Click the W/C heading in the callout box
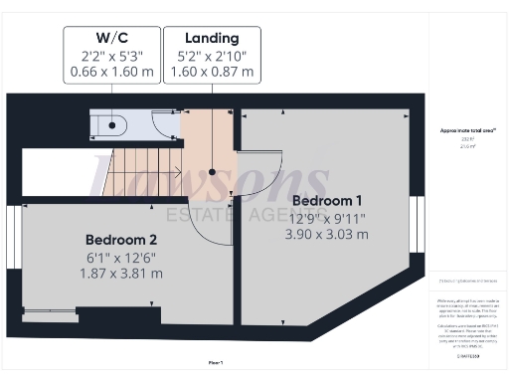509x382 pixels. [x=110, y=37]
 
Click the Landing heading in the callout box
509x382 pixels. [x=212, y=37]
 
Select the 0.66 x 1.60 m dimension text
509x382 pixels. [x=110, y=72]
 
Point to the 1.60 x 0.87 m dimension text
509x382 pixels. [x=212, y=72]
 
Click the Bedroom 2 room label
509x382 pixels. [x=121, y=240]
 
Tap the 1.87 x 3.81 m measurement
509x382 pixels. [x=121, y=273]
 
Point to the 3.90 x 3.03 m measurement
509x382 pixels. [x=327, y=235]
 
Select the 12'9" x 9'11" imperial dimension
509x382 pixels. [x=325, y=218]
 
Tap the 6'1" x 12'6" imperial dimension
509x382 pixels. [x=121, y=257]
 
